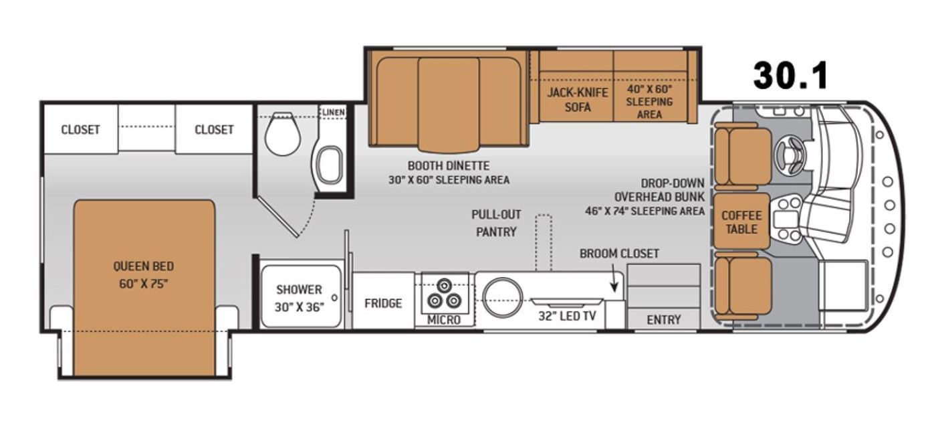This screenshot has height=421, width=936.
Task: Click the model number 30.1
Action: (x=790, y=76)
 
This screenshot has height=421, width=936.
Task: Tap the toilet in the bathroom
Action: (x=283, y=133)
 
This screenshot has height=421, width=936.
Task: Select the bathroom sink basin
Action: (x=330, y=165)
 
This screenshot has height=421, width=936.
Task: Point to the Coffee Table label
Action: (x=741, y=222)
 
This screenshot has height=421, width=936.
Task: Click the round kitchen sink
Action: (x=502, y=298)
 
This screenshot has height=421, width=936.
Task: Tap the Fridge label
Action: (x=382, y=303)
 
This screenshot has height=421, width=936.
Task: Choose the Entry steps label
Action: (x=663, y=320)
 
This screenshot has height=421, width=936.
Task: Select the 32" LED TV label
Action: (x=567, y=317)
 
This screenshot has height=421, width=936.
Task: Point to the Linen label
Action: (x=333, y=112)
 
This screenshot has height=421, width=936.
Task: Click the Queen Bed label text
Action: (x=143, y=275)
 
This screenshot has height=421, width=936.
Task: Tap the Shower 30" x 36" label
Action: (x=300, y=299)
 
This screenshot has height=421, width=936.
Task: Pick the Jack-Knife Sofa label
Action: (x=578, y=100)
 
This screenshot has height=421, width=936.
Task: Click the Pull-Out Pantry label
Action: (x=496, y=223)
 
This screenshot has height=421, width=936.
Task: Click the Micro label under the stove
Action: (x=444, y=320)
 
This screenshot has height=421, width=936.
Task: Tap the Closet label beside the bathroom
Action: (x=214, y=130)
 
